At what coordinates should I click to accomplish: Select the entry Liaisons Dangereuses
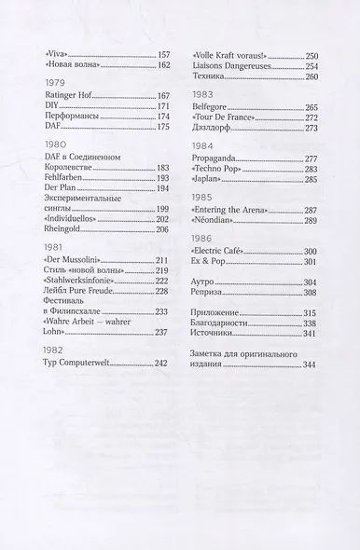point(236,65)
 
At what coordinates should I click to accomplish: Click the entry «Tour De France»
point(228,117)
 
